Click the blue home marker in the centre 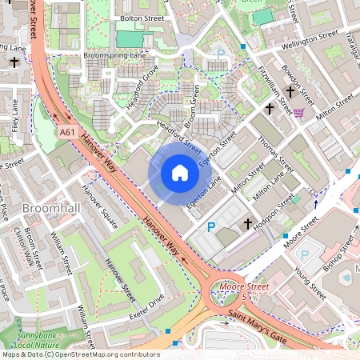180,173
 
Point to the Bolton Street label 142,16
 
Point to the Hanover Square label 100,206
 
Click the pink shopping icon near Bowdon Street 298,113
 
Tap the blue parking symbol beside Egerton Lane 212,227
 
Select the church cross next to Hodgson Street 247,224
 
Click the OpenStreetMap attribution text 80,354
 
